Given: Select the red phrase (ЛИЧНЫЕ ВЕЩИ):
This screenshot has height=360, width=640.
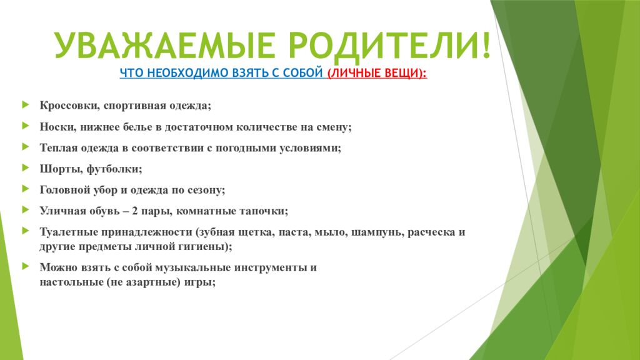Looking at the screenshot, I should (x=377, y=73).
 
